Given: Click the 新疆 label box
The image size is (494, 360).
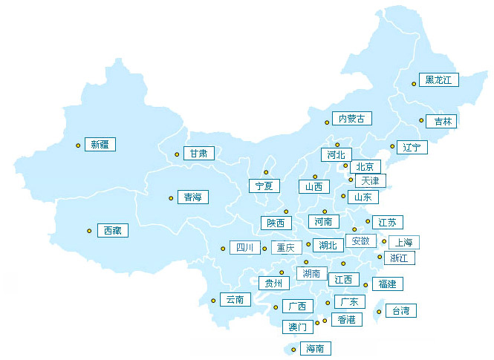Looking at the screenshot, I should [x=100, y=145].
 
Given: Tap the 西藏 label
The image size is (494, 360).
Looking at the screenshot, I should [x=112, y=231].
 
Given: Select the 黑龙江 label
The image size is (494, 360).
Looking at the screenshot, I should [x=439, y=80].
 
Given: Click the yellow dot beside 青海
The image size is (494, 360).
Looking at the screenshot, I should [x=171, y=198].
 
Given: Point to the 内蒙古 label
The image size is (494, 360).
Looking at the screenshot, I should [x=351, y=119].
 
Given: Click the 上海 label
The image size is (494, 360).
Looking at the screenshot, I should [x=403, y=242].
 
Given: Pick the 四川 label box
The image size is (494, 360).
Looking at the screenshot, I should [x=244, y=248].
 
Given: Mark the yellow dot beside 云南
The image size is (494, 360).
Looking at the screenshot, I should [x=213, y=301].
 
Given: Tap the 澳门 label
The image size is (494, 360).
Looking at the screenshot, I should [x=297, y=327].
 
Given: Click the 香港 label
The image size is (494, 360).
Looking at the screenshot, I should [x=346, y=320].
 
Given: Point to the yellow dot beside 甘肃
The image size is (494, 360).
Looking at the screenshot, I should [x=177, y=154].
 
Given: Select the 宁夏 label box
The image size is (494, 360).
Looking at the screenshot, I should [x=265, y=186].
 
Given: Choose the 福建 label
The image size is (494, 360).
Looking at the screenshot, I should [x=387, y=284].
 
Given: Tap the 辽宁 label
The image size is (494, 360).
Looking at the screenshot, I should [x=412, y=147].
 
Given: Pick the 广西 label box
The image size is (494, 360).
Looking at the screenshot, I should [x=297, y=306].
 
